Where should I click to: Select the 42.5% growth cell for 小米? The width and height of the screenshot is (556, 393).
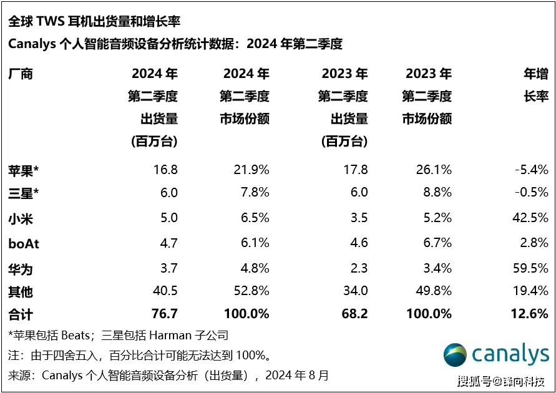[x=531, y=218]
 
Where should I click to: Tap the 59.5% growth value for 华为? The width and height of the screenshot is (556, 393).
[x=531, y=269]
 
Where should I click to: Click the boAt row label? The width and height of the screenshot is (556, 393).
[x=24, y=243]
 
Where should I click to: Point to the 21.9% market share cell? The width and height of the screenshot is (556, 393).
[x=251, y=170]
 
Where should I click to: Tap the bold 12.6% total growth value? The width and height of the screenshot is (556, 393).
[x=529, y=314]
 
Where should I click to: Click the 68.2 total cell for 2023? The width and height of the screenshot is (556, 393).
[x=354, y=314]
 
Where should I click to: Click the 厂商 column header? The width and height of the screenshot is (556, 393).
[x=21, y=74]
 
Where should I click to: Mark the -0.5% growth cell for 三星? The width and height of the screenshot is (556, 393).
[x=531, y=193]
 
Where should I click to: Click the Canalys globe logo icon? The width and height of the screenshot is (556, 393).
[x=455, y=356]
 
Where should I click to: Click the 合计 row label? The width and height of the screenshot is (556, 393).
[x=21, y=314]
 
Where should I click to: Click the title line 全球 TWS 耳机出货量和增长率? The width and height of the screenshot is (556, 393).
[x=94, y=22]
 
